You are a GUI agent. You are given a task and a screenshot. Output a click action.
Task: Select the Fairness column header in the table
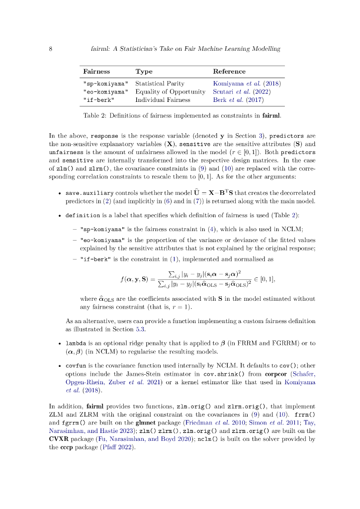tap(96, 72)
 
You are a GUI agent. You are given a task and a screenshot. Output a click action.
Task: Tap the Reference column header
tap(229, 72)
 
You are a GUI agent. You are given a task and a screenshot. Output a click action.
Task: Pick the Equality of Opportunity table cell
tap(170, 91)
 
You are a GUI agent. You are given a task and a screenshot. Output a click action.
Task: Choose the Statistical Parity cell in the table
tap(160, 84)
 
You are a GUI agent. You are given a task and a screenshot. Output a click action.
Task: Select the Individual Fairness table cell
tap(163, 99)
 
